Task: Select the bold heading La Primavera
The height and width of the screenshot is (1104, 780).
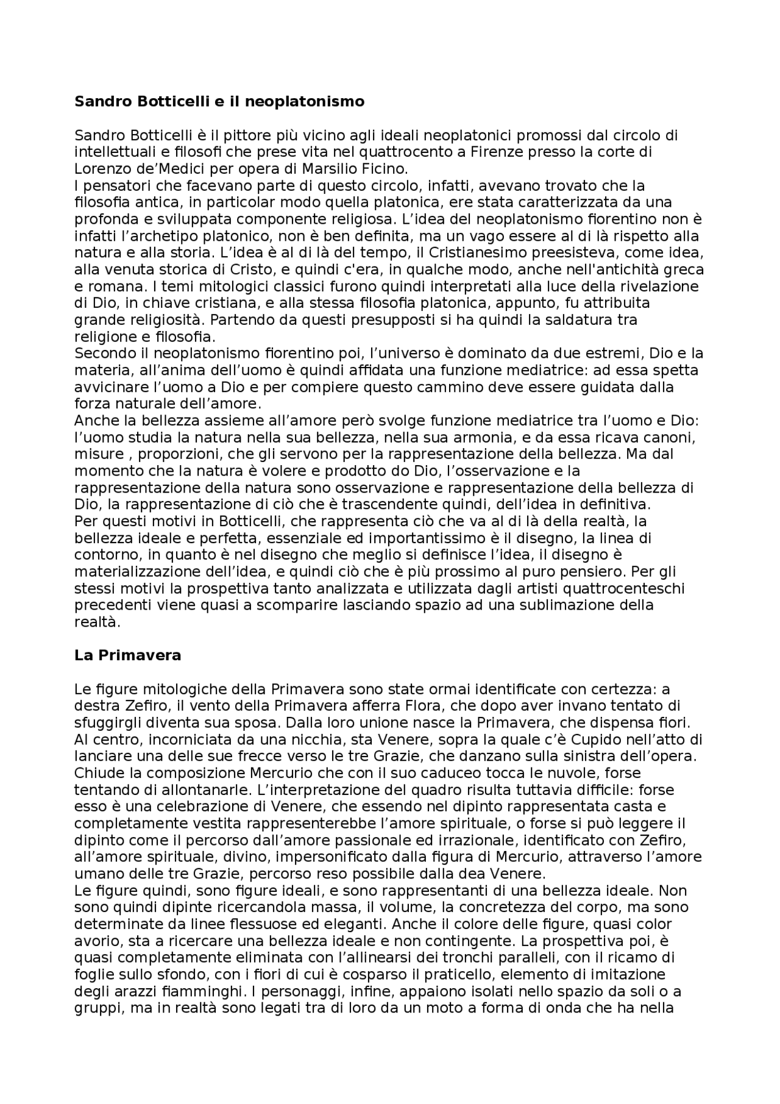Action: (x=128, y=655)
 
